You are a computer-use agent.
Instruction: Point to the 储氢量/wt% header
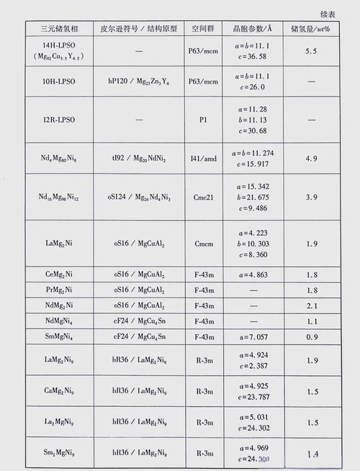coord(310,30)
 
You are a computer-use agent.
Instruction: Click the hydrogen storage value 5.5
coord(311,51)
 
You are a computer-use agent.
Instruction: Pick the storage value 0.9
coord(311,336)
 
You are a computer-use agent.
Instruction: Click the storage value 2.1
coord(311,305)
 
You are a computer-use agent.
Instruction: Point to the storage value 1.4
coord(311,454)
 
